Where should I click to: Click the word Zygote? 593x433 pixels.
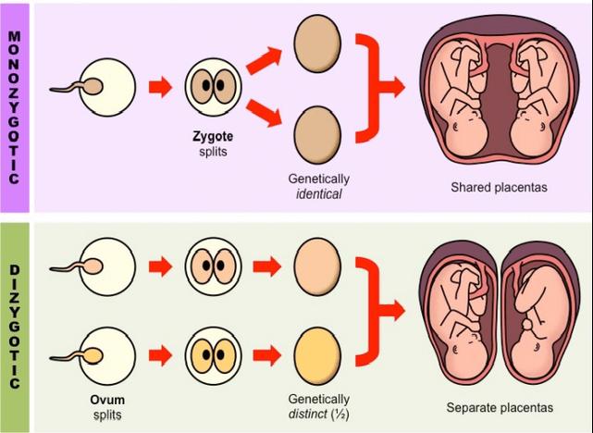point(214,136)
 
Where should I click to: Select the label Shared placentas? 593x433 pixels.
point(499,187)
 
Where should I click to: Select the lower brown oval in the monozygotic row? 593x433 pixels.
point(317,127)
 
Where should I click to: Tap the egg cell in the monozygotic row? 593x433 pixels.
point(110,88)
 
